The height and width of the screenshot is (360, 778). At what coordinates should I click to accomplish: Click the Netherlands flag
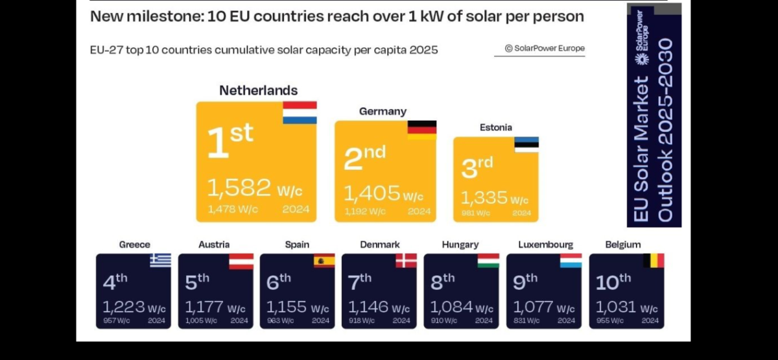[x=300, y=112]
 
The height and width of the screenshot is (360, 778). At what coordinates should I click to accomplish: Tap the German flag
[x=421, y=130]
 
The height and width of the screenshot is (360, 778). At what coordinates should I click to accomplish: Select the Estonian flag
[x=526, y=145]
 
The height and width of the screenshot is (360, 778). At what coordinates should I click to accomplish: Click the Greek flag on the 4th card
[x=161, y=260]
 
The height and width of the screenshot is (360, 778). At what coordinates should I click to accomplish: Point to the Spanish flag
[x=324, y=261]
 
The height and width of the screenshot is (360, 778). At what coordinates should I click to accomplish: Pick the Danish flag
[x=407, y=261]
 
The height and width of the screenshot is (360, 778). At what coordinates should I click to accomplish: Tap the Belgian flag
[x=654, y=261]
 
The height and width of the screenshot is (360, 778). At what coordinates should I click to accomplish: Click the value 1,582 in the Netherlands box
[x=239, y=188]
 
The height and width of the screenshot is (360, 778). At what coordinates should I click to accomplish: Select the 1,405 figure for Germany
[x=371, y=193]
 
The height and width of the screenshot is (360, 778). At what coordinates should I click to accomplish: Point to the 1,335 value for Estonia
[x=484, y=197]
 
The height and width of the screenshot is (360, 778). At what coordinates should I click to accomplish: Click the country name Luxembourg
[x=546, y=245]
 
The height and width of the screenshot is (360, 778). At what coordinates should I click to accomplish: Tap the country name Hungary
[x=460, y=245]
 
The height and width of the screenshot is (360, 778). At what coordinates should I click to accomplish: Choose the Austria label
[x=214, y=245]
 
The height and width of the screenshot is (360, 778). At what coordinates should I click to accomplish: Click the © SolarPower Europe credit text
[x=545, y=48]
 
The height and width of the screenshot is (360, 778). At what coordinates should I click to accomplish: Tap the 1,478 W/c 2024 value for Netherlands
[x=231, y=209]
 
